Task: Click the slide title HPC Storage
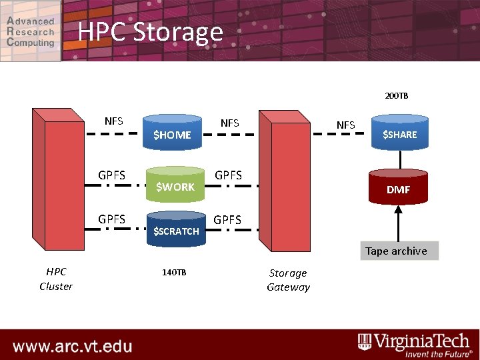(150, 31)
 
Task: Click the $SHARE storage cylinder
(399, 134)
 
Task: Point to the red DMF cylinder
(399, 189)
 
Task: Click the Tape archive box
(396, 251)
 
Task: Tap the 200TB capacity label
(396, 96)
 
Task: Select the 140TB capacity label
(175, 273)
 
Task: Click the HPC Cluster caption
(56, 279)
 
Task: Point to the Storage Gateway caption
(288, 280)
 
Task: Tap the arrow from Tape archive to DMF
(399, 223)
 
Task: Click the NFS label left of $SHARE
(346, 125)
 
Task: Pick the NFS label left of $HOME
(114, 121)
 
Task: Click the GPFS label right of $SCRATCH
(227, 219)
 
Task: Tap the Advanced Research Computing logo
(31, 31)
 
